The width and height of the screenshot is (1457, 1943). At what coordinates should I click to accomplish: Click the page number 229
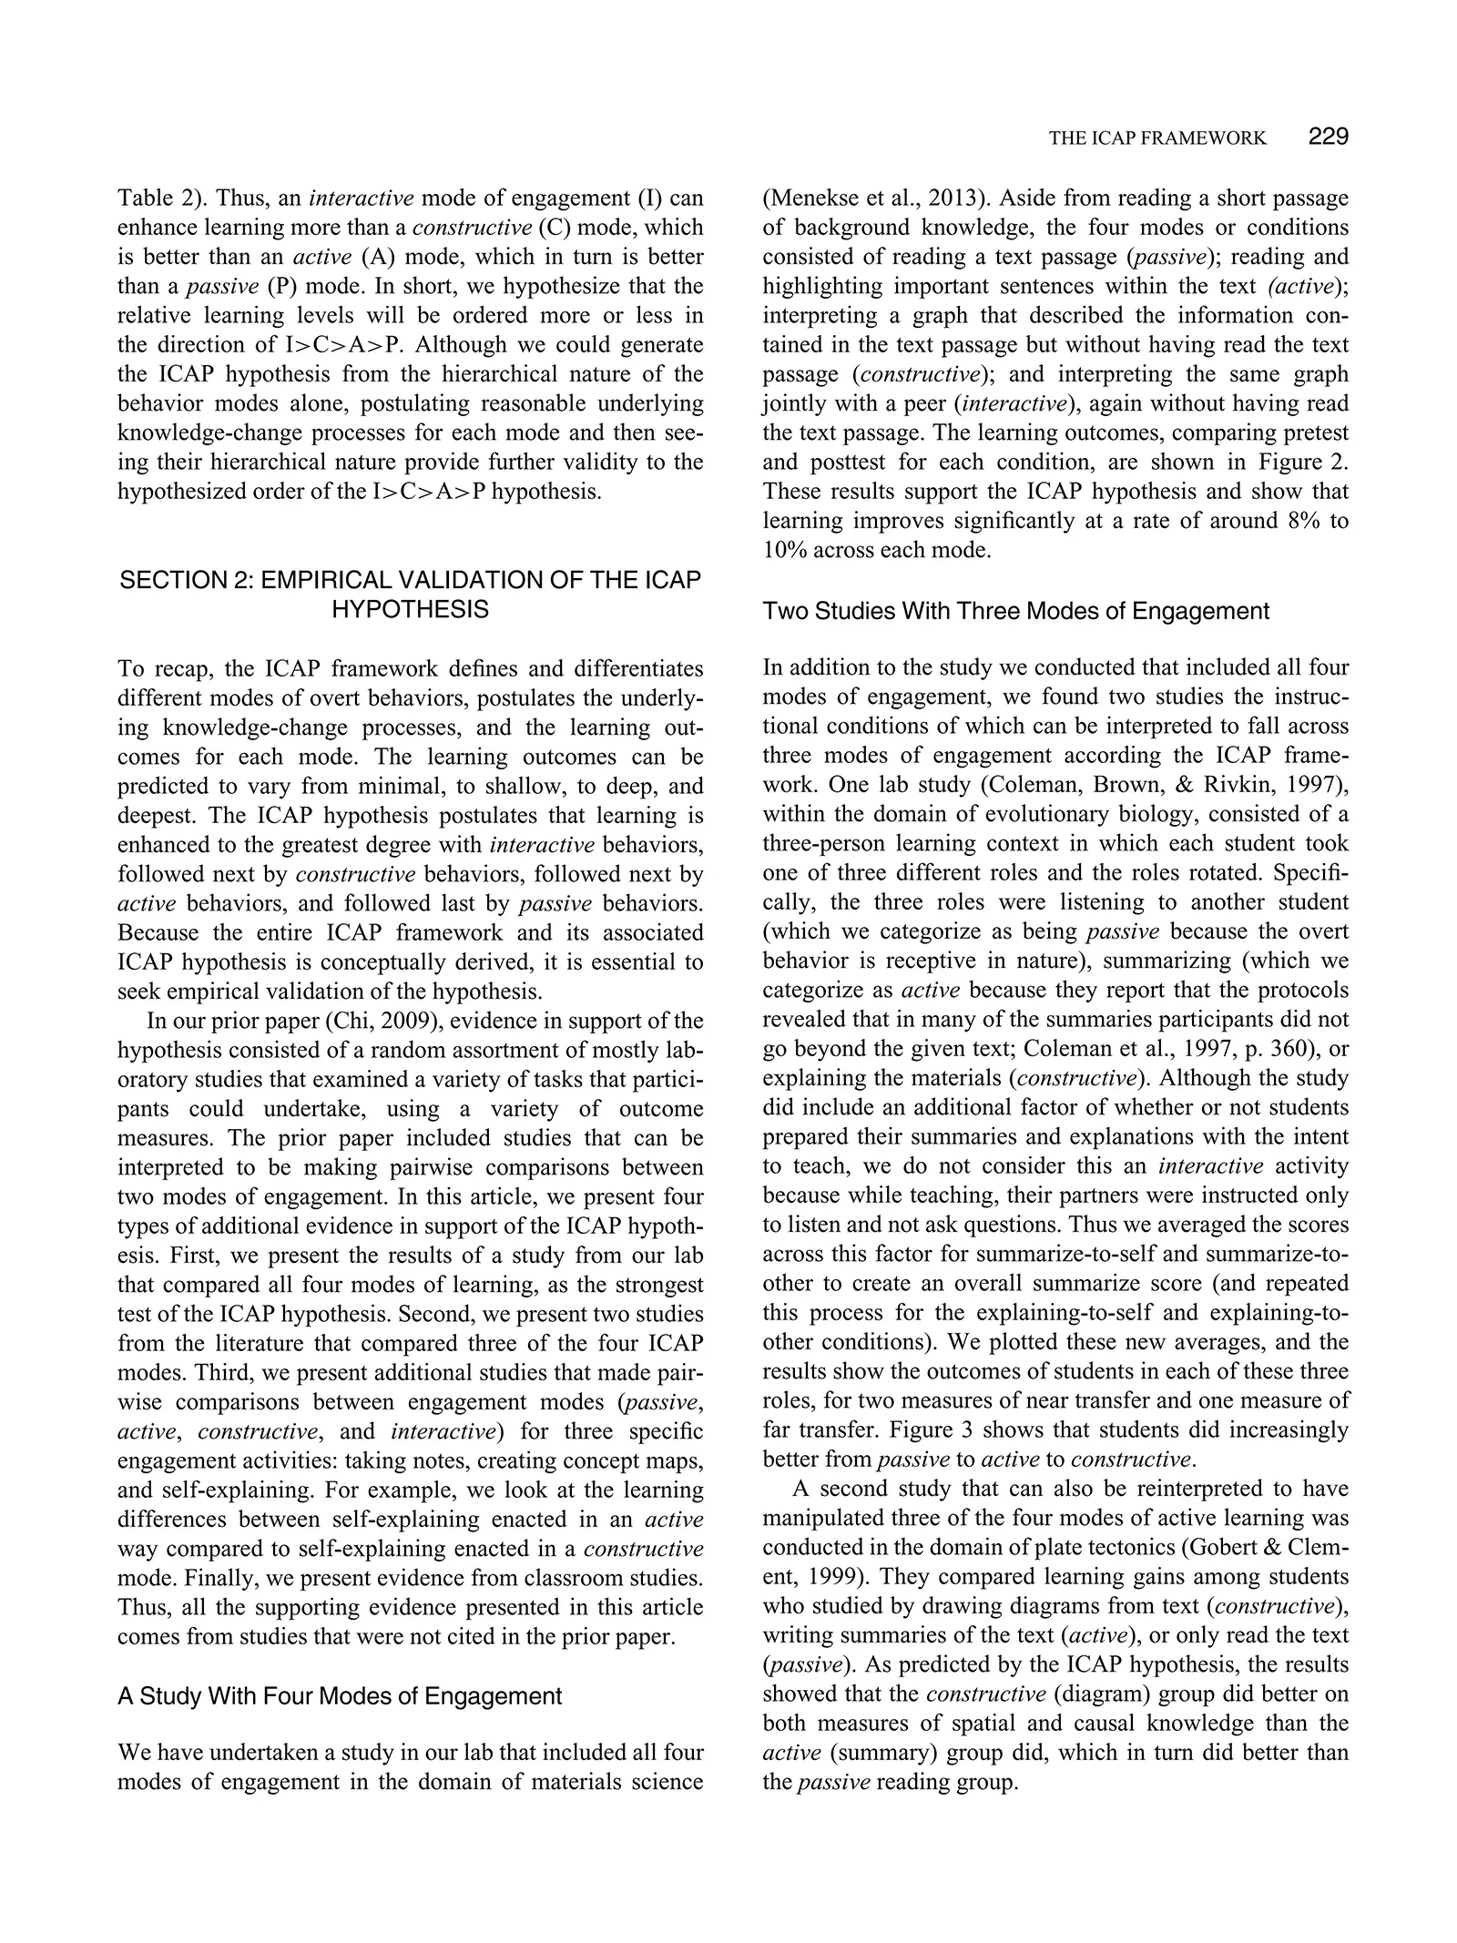[x=1328, y=137]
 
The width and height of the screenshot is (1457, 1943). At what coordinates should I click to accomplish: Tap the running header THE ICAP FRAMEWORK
[x=1156, y=138]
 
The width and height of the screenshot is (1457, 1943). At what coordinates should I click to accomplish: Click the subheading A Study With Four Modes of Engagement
[x=340, y=1695]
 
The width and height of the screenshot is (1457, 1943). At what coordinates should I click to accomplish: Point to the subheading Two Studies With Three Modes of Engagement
[x=1015, y=611]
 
